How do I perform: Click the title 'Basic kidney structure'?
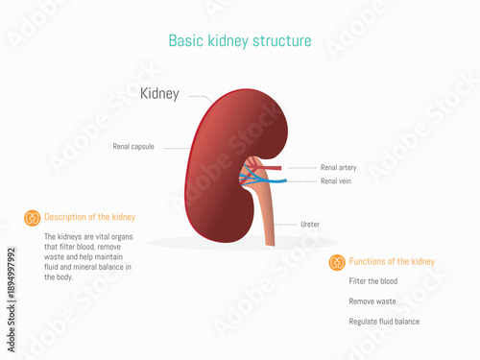point(239,41)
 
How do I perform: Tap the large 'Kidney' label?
point(159,94)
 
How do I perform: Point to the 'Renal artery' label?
point(338,167)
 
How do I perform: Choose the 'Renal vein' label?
point(335,180)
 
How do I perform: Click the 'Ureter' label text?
point(310,225)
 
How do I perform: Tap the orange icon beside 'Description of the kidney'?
point(32,218)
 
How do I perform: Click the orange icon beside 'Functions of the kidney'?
point(337,262)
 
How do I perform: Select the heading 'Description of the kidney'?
point(90,218)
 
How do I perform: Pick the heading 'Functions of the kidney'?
point(392,262)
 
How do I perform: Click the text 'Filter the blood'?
point(373,281)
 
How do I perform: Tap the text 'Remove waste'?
point(371,301)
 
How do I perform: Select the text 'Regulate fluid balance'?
point(384,322)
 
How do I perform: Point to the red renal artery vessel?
point(275,169)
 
